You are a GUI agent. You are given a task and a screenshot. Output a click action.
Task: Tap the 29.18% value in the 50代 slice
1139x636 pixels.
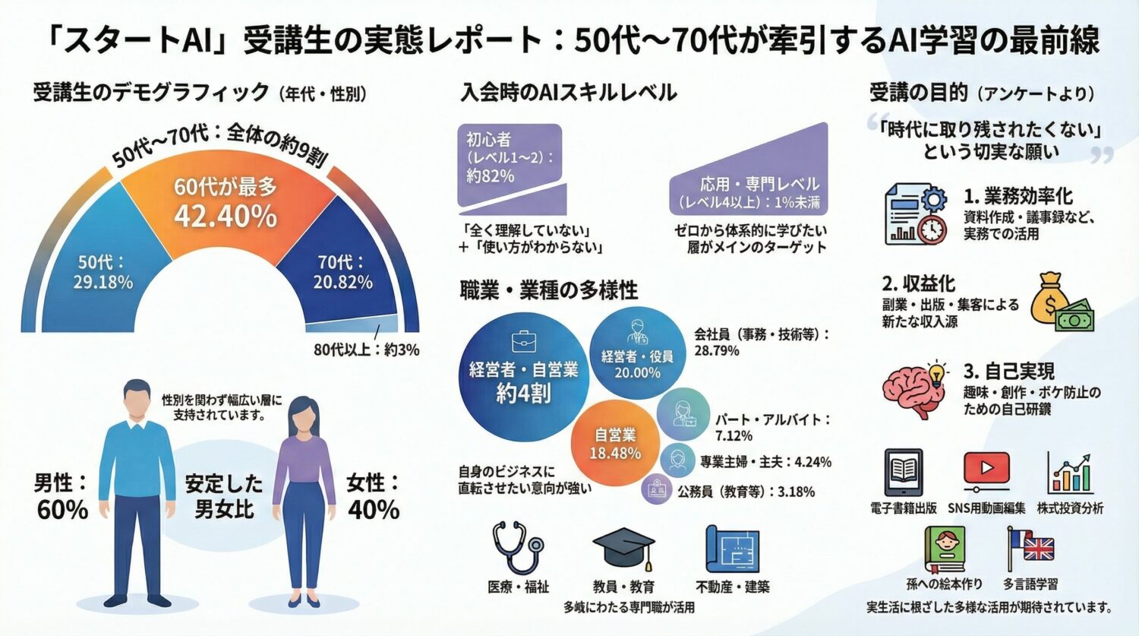[103, 282]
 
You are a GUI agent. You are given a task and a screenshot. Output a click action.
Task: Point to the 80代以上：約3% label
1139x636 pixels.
[366, 350]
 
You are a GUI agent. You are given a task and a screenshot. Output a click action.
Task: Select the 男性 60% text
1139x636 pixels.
[61, 496]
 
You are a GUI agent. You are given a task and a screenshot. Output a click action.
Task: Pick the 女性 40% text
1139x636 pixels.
[373, 496]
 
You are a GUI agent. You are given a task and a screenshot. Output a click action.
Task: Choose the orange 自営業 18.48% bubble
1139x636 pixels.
[616, 444]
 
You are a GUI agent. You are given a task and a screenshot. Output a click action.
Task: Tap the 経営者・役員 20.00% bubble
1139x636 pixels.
[637, 353]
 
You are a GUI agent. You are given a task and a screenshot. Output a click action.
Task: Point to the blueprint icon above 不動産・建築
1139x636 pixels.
[732, 549]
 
